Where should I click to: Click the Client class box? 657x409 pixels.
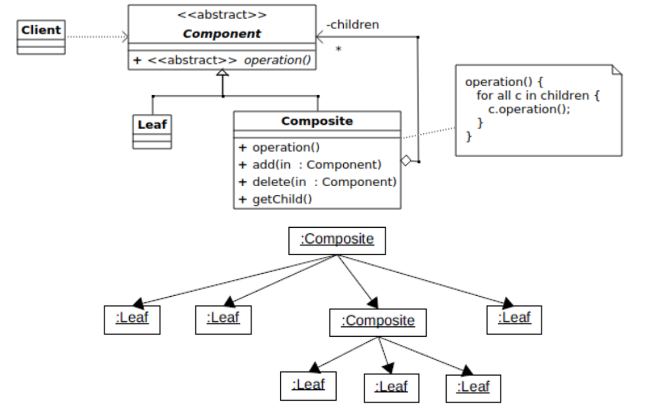pos(41,37)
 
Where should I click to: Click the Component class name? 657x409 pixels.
pos(222,34)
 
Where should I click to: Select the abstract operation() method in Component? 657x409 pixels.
pos(222,60)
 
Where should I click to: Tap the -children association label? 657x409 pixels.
pos(352,25)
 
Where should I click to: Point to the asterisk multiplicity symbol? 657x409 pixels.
pos(338,50)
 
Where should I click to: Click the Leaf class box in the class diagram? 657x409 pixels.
pos(152,131)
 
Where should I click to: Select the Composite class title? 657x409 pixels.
pos(317,121)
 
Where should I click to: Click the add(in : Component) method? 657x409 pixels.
pos(310,165)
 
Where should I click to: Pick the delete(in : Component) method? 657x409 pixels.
pos(318,182)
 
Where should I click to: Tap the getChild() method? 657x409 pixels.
pos(275,199)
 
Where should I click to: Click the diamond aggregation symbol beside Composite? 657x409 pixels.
pos(406,161)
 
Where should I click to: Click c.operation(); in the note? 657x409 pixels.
pos(529,109)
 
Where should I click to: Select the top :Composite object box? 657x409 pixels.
pos(337,240)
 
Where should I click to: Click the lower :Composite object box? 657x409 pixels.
pos(377,322)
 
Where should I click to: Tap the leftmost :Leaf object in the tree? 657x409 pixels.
pos(132,320)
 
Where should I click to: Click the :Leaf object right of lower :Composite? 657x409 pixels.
pos(514,319)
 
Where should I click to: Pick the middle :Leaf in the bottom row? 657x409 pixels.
pos(391,388)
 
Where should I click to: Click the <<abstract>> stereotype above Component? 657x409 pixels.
pos(222,15)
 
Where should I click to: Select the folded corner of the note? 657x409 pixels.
pos(616,70)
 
